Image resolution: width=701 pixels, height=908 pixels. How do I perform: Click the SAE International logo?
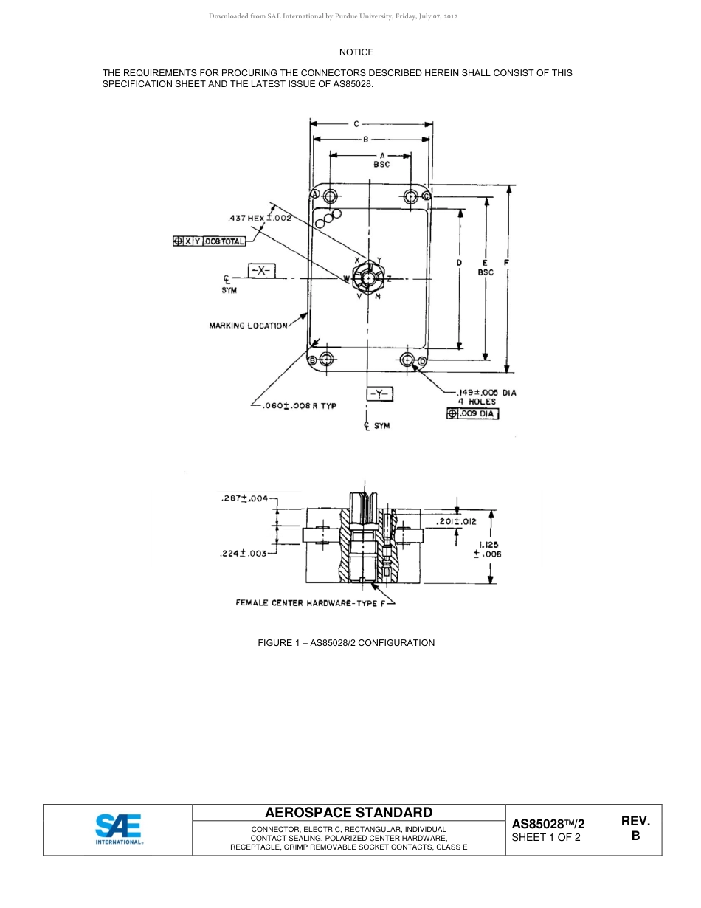118,829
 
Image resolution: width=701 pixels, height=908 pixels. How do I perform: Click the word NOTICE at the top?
356,52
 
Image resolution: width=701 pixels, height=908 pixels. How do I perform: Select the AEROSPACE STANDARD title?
348,813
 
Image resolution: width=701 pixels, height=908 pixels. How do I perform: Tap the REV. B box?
635,829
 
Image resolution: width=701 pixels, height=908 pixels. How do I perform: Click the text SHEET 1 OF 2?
546,838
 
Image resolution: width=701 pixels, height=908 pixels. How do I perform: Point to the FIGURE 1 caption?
346,643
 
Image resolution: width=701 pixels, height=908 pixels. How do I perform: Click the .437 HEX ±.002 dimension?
260,219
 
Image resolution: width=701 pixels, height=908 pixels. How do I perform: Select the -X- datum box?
261,271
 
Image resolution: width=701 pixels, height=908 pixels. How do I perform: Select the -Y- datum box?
380,393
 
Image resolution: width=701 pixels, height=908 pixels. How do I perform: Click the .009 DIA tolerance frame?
472,414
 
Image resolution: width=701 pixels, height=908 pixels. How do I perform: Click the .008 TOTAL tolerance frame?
209,241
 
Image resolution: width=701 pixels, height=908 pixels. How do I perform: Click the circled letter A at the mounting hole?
314,194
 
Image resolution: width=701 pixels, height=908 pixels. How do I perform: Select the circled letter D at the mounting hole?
422,361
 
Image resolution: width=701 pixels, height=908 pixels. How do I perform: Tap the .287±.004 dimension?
244,499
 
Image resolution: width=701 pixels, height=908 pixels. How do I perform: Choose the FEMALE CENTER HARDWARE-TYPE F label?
311,603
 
